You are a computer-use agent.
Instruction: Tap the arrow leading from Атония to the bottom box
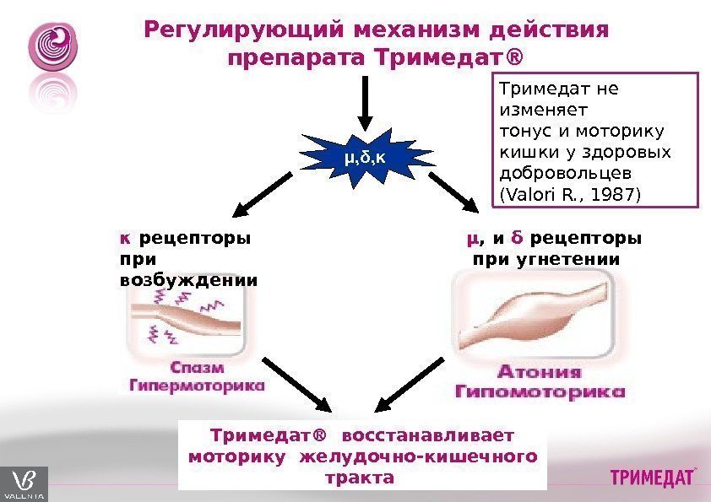410,384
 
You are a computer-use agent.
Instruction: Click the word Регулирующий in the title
244,31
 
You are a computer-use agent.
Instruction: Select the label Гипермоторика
197,386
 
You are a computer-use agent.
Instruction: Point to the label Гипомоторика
540,391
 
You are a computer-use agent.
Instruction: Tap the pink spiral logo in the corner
52,47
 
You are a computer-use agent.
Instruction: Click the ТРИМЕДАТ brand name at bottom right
652,478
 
